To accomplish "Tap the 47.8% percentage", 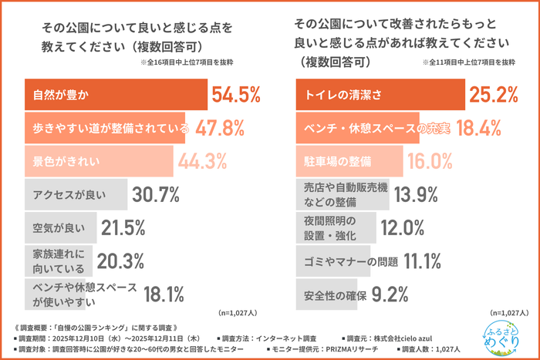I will tap(220, 130).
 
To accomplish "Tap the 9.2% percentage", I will tap(390, 294).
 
